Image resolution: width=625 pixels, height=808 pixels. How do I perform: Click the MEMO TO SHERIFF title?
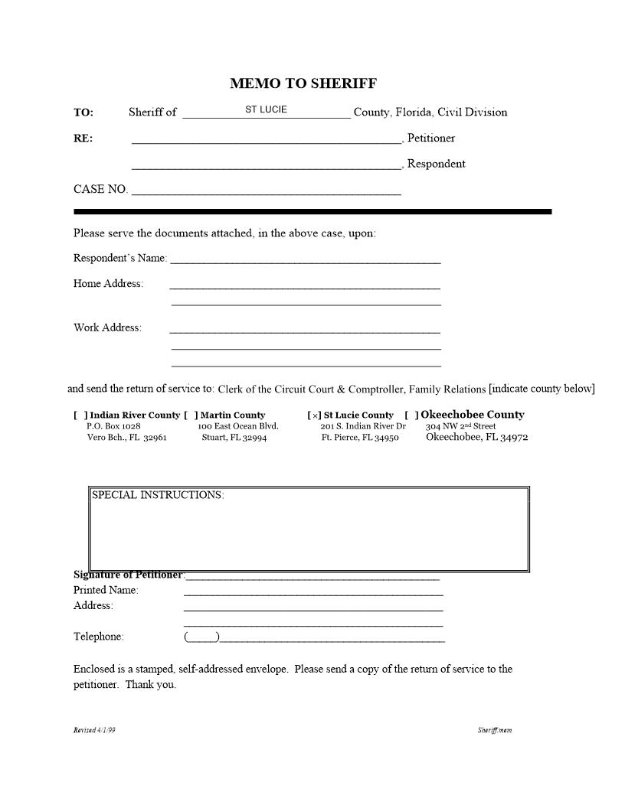click(x=303, y=83)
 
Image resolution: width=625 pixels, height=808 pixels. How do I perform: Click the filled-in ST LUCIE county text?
click(x=266, y=109)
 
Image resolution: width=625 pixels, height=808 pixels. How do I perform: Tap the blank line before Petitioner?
click(x=266, y=140)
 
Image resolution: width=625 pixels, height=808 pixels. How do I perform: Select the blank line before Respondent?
click(x=266, y=165)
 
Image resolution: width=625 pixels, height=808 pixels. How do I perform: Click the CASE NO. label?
click(x=100, y=189)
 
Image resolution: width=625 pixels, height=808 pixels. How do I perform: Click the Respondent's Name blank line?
click(x=305, y=260)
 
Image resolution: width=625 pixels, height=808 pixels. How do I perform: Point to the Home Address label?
click(x=108, y=284)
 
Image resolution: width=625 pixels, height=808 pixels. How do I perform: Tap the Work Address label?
click(x=107, y=327)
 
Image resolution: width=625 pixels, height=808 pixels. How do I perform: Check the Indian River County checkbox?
click(x=80, y=415)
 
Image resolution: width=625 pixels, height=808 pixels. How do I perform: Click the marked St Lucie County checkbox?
click(x=314, y=415)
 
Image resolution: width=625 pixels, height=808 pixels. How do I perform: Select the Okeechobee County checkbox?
click(x=411, y=415)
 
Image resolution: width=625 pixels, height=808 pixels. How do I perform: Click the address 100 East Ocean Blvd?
click(x=238, y=426)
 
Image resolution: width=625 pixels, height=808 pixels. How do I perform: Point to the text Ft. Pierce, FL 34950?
click(x=360, y=438)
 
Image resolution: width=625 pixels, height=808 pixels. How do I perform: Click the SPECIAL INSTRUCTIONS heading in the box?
click(x=158, y=495)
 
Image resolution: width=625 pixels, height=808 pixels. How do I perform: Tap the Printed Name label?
click(x=106, y=590)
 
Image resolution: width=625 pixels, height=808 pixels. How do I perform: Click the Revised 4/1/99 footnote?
click(x=94, y=730)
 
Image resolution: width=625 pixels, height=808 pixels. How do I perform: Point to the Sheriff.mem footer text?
click(x=495, y=730)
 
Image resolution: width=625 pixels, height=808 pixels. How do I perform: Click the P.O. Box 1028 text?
click(x=113, y=426)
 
